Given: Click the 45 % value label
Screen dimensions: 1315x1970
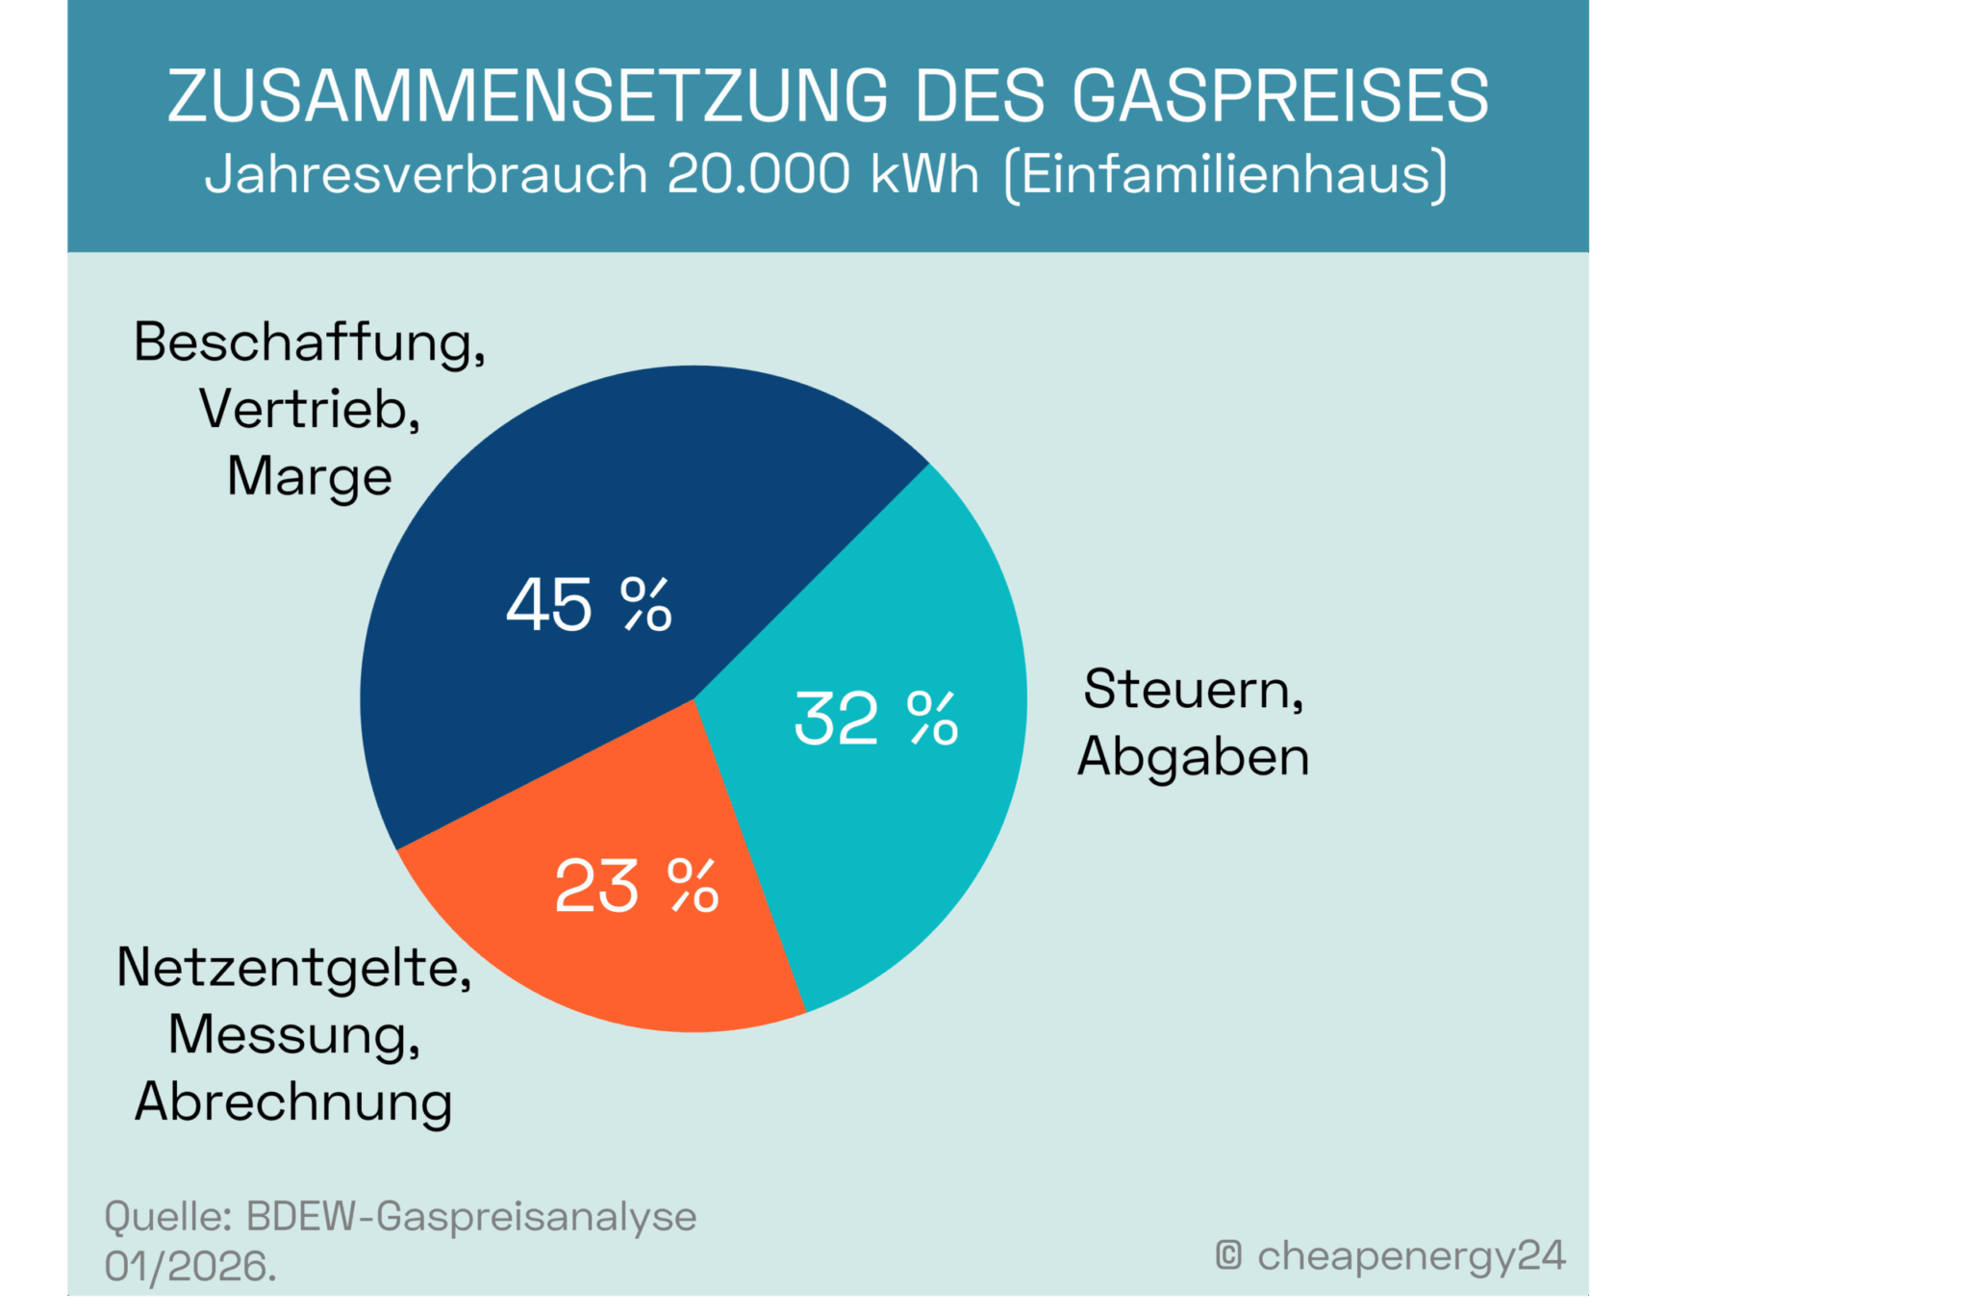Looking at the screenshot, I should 589,605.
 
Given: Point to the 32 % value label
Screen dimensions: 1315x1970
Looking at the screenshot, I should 875,719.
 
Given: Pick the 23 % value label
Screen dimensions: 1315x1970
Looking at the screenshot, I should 636,886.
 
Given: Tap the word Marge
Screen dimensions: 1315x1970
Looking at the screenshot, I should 310,477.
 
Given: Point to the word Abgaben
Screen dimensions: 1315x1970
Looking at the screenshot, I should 1193,757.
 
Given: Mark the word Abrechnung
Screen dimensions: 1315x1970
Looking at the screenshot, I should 293,1102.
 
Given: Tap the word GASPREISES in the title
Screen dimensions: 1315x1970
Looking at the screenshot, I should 1280,96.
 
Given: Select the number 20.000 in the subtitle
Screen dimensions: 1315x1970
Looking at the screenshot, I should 759,174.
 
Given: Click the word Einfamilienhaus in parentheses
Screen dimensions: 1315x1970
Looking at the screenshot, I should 1225,175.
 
